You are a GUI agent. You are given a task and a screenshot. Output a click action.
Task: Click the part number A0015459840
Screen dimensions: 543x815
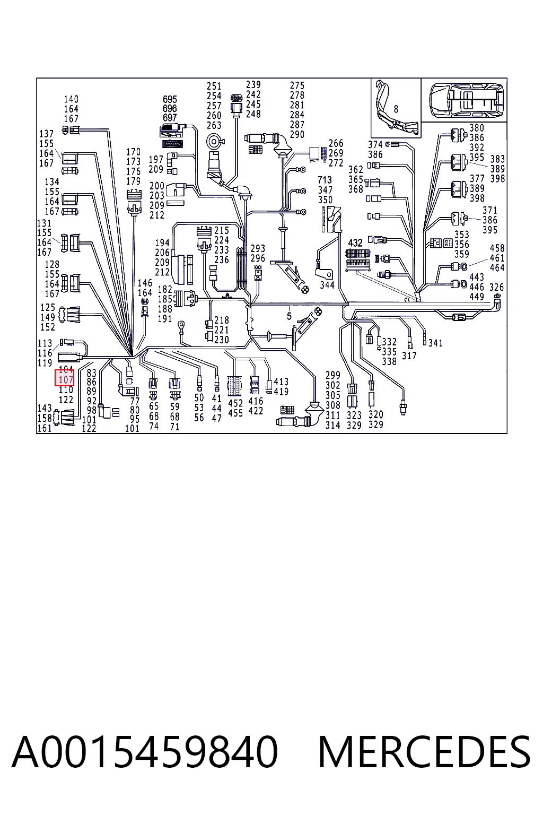[x=145, y=752]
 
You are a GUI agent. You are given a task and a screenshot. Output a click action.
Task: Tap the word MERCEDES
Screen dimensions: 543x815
[x=424, y=752]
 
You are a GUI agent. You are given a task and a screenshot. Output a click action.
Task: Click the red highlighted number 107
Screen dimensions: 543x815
[x=66, y=380]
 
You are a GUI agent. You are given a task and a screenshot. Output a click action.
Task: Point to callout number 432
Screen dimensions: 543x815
[x=355, y=242]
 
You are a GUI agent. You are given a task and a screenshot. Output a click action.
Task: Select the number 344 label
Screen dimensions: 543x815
[x=327, y=285]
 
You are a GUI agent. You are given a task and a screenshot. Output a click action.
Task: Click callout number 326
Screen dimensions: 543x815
[x=496, y=287]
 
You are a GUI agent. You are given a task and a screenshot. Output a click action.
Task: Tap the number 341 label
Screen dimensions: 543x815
[x=435, y=343]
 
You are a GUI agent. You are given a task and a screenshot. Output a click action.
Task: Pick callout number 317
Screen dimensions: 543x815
[x=409, y=356]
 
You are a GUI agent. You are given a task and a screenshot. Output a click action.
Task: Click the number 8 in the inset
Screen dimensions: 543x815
[x=396, y=109]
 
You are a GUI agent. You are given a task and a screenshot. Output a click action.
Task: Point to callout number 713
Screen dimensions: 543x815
[x=325, y=180]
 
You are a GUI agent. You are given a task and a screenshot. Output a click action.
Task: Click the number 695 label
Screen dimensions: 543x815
[x=170, y=99]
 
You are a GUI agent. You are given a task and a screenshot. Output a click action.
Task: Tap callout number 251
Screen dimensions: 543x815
[x=214, y=86]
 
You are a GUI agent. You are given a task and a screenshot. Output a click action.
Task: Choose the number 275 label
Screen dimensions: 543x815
[x=297, y=85]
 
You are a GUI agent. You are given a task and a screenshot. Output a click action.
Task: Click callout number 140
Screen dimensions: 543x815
[x=71, y=99]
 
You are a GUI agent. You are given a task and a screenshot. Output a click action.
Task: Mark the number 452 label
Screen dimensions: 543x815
[x=235, y=403]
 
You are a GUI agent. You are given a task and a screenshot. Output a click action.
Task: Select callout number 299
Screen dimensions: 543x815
[x=333, y=375]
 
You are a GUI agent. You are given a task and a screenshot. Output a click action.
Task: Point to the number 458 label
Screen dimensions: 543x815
[x=497, y=248]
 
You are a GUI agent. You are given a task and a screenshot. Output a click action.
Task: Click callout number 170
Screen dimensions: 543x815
[x=134, y=152]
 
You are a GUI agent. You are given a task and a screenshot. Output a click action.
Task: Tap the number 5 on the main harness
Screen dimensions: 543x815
[x=289, y=316]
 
